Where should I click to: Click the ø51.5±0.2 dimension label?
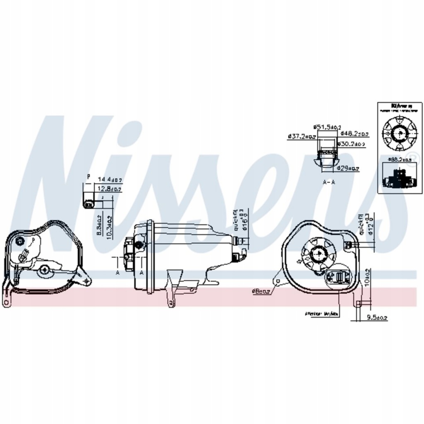(327, 127)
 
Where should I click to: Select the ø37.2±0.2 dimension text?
(302, 136)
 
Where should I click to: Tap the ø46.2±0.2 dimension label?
(354, 134)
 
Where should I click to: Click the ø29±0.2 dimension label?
(348, 168)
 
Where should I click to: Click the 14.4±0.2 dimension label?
(110, 180)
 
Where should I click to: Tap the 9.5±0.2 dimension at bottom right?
(377, 318)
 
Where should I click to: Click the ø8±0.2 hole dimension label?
(261, 292)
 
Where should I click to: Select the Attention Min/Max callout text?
(321, 314)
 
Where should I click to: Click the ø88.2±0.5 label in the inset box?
(398, 159)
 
